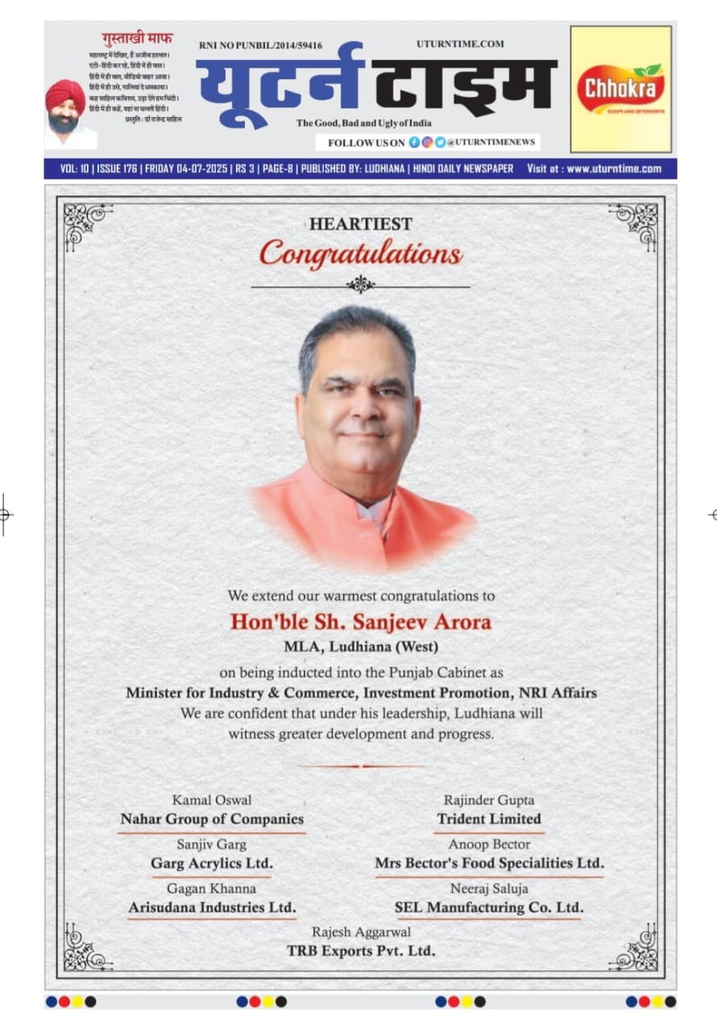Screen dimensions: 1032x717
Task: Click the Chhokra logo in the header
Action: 620,89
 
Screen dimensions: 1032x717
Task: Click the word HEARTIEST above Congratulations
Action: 360,224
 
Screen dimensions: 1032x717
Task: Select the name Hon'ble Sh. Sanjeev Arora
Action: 360,622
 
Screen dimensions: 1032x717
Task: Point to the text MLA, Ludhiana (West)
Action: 360,647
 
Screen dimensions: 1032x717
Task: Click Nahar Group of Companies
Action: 212,819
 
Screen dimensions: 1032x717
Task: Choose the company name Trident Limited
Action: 489,819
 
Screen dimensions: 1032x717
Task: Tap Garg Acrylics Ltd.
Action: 212,863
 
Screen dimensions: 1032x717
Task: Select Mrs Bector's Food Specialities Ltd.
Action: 489,863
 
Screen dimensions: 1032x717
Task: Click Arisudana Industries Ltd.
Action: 212,908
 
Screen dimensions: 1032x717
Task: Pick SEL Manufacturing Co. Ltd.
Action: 489,908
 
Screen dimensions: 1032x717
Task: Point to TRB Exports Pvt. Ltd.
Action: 360,951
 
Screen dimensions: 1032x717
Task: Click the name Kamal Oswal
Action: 212,800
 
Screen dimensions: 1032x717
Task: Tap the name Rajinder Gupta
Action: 489,800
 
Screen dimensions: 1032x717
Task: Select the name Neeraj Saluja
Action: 489,888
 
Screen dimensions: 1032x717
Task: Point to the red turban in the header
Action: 65,95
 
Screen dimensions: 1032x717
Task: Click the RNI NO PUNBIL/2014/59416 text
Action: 260,46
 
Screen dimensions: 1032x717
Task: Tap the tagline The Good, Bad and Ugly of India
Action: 363,123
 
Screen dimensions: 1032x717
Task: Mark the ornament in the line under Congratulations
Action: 360,285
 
